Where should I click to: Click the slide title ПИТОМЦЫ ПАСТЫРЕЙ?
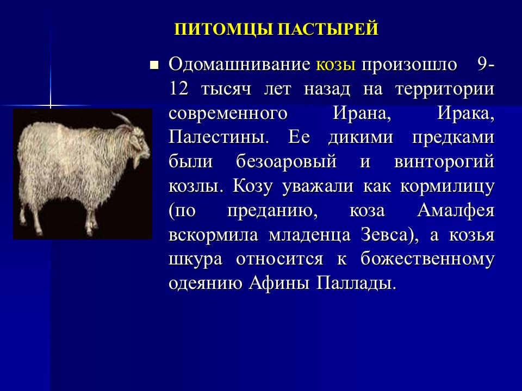pos(276,29)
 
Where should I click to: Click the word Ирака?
pos(465,113)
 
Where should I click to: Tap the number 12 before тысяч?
pos(178,90)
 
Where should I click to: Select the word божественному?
pos(427,260)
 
